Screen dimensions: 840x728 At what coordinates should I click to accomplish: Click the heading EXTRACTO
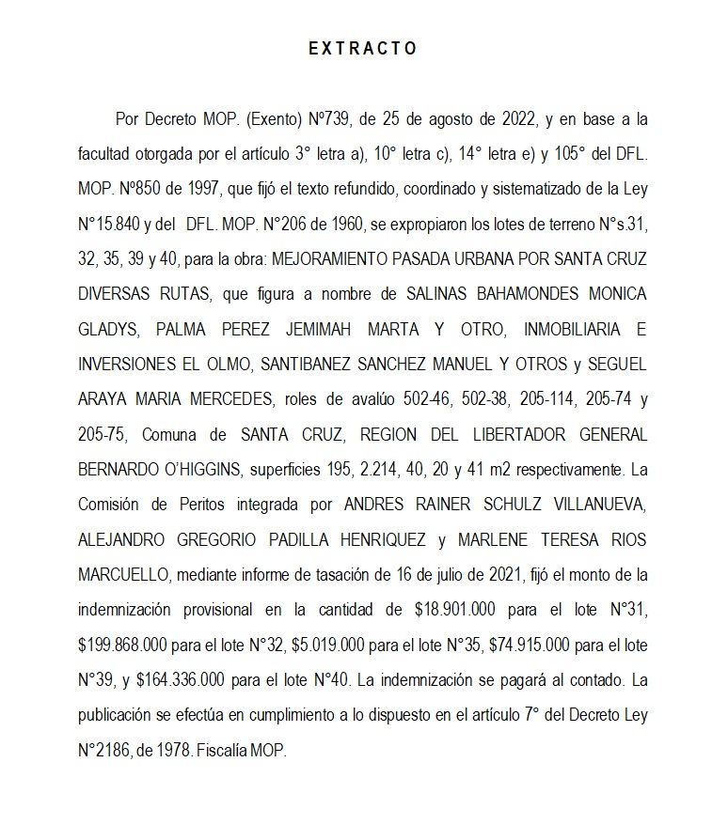coord(363,49)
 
